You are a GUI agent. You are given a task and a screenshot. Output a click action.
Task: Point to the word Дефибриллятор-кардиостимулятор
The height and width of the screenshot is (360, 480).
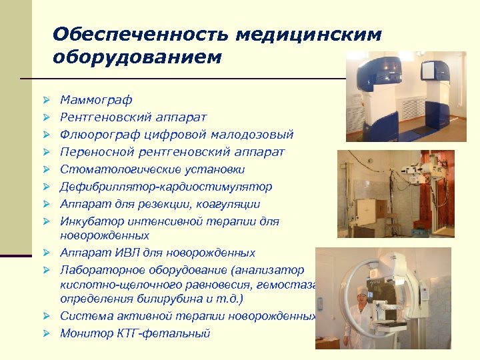166,187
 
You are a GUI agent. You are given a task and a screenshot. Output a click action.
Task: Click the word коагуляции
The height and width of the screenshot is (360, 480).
225,204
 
